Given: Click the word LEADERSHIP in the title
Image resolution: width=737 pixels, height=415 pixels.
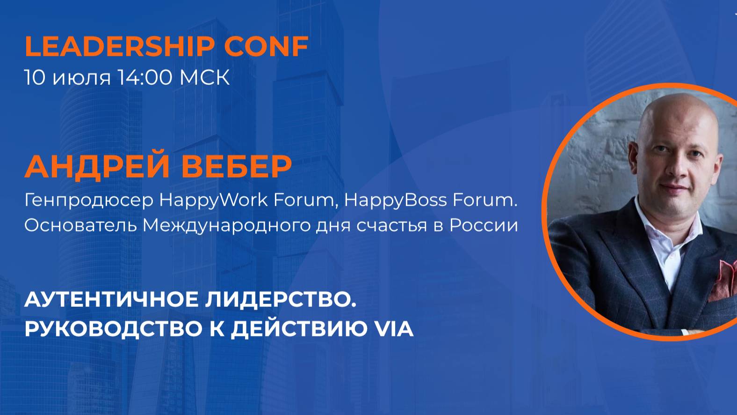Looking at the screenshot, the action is click(x=119, y=46).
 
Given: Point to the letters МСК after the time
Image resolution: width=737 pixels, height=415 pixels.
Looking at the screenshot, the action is click(x=205, y=78).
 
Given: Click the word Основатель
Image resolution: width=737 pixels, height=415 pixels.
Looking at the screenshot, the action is click(x=80, y=226).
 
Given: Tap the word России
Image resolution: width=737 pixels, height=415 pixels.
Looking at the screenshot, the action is click(x=484, y=226).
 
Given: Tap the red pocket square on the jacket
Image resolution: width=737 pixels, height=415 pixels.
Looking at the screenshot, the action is click(x=724, y=280).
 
